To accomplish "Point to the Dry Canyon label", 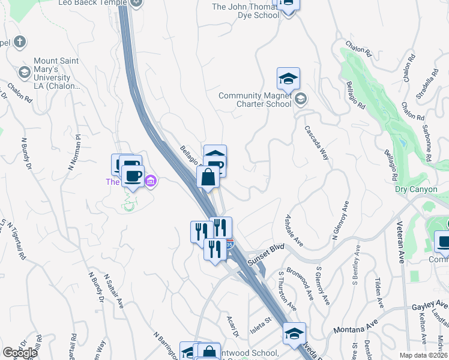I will point(412,189).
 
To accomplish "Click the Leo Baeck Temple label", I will point(94,3).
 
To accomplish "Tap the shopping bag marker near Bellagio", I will point(208,178).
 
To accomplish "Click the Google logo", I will point(20,353).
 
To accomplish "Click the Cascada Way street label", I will point(317,142).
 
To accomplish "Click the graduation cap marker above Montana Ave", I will point(294,334).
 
